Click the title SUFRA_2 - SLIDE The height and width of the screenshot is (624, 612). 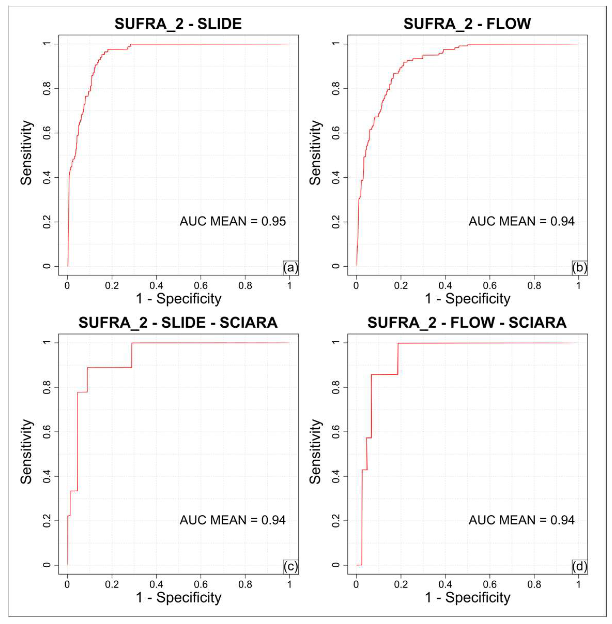click(178, 24)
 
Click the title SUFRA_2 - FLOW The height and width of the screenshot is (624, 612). click(467, 24)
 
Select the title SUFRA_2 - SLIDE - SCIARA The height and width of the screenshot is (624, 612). click(178, 323)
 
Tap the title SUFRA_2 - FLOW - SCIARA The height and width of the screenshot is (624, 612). click(467, 323)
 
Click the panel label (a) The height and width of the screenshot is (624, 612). click(291, 267)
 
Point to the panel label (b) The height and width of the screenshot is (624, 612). click(579, 267)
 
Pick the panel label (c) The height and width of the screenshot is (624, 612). click(291, 566)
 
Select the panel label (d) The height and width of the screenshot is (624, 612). click(579, 566)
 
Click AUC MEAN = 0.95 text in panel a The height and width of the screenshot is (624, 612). click(233, 221)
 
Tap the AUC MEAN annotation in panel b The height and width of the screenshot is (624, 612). click(522, 221)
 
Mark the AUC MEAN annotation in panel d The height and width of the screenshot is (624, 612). click(522, 520)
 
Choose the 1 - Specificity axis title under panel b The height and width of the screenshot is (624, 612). click(467, 299)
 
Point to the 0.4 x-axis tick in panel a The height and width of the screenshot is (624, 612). click(156, 285)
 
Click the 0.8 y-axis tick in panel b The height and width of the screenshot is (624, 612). click(336, 88)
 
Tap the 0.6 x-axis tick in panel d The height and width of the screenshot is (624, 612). click(490, 584)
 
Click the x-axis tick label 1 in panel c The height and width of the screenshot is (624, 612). click(290, 584)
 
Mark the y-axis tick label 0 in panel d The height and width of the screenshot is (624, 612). click(336, 565)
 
